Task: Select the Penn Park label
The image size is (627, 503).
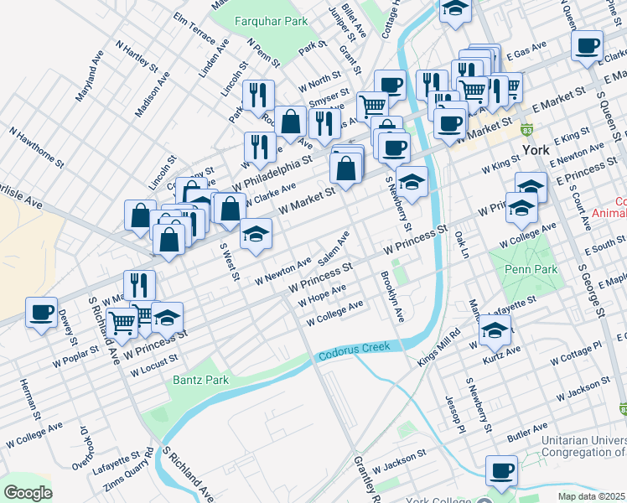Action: coord(530,270)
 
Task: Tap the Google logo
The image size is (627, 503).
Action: coord(27,492)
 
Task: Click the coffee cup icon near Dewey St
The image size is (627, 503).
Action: coord(41,314)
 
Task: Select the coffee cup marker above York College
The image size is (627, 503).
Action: coord(502,470)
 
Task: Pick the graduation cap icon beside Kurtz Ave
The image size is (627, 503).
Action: coord(495,331)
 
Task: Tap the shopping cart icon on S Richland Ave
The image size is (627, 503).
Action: coord(122,321)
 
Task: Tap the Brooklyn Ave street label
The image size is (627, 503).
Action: coord(392,297)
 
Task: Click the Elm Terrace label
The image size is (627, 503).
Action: coord(194,28)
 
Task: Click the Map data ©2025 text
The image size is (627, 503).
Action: coord(591,495)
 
